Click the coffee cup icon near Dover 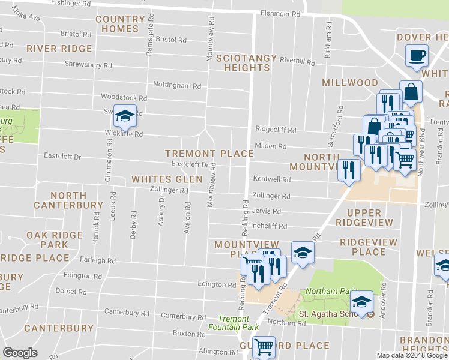click(x=417, y=57)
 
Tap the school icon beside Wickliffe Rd click(x=125, y=116)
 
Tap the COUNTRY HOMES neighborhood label click(x=121, y=24)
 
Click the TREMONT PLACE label click(x=209, y=154)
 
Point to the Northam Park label click(x=324, y=292)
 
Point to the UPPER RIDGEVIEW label click(x=364, y=217)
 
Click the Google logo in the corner click(x=20, y=353)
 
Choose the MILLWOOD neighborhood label click(x=350, y=83)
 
